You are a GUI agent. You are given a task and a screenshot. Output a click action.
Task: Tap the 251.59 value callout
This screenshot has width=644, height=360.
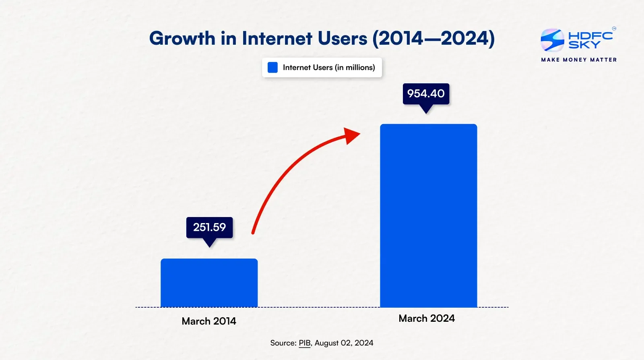pos(209,228)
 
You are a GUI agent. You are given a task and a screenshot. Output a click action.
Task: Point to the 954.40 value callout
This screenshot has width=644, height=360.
pos(426,93)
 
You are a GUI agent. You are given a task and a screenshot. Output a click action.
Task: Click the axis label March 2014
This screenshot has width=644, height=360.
pos(208,321)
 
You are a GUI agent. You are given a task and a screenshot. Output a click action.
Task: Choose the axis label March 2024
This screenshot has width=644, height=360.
pos(427,318)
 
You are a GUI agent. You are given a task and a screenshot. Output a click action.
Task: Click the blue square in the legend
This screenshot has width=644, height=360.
pos(272,67)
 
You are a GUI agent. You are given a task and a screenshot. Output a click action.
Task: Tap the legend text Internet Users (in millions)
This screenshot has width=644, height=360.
pos(329,67)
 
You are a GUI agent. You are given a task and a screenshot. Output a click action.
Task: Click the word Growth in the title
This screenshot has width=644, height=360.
pos(182,39)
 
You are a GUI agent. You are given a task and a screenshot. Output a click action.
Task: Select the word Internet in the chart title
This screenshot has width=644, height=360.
pos(277,39)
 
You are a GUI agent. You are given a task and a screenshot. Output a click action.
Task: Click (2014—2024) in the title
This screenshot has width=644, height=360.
pos(433,39)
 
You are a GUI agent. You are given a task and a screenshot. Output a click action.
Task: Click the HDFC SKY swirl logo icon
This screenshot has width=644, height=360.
pos(552,40)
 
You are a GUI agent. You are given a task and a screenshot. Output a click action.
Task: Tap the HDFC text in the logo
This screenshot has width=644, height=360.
pos(590,35)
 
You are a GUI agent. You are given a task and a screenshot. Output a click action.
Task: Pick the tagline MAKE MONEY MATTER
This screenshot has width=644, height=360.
pos(579,60)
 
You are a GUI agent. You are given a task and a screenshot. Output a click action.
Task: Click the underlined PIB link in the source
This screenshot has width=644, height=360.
pos(305,343)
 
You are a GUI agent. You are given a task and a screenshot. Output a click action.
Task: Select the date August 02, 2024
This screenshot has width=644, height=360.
pos(344,343)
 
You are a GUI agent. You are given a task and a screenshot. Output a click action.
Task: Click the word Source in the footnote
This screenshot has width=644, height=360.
pos(283,343)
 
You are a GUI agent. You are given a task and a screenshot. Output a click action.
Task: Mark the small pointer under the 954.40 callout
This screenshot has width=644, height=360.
pos(426,109)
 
